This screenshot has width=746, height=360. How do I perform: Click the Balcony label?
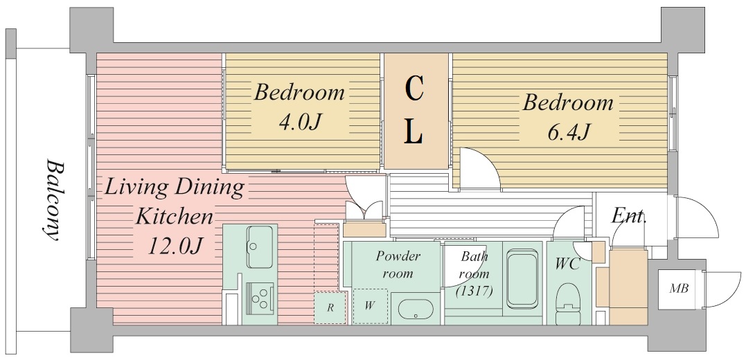53,200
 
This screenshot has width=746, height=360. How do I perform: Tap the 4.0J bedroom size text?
301,122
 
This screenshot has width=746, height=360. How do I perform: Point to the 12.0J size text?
175,246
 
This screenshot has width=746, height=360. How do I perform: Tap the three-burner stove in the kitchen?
260,298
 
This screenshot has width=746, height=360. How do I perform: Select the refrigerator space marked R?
330,307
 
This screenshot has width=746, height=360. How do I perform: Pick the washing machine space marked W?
370,306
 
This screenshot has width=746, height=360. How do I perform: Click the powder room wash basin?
416,309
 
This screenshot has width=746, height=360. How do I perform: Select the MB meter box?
678,288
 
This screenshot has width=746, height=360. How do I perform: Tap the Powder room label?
398,265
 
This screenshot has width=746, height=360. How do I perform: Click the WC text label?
567,264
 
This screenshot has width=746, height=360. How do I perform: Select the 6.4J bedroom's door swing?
479,169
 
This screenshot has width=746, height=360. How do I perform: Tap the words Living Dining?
174,188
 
